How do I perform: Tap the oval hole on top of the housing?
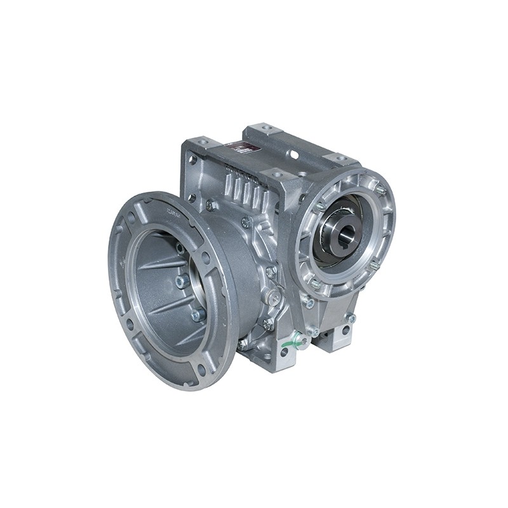point(294,154)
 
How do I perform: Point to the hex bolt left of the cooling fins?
point(211,204)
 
